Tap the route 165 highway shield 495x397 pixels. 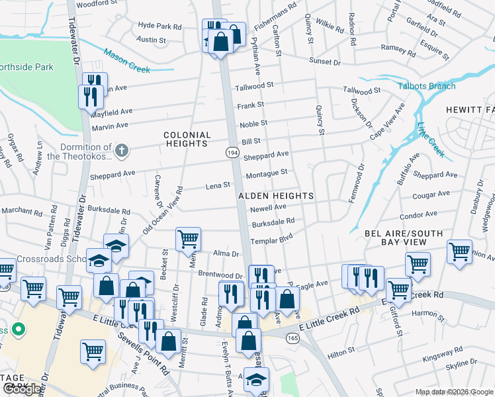(292, 338)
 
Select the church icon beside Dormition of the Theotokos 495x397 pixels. (121, 151)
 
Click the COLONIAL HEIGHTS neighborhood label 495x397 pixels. (187, 139)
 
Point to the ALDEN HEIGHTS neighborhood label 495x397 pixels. (277, 196)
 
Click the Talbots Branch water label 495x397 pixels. (426, 86)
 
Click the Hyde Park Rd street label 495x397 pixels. (159, 26)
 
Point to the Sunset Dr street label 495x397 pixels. (325, 62)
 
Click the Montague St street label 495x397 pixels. (267, 173)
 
